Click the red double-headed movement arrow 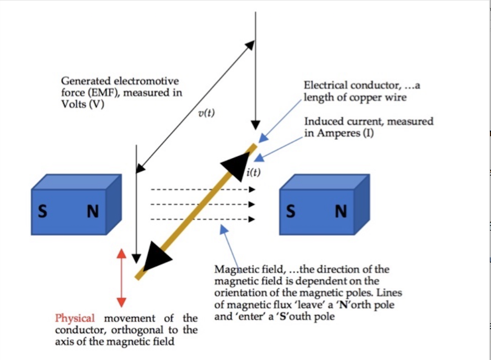pyautogui.click(x=122, y=277)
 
